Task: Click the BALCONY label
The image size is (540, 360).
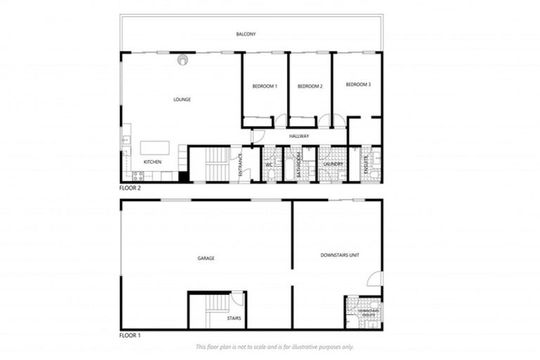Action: pyautogui.click(x=246, y=34)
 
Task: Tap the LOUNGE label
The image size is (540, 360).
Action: pyautogui.click(x=182, y=99)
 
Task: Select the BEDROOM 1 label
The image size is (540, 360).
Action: pyautogui.click(x=265, y=86)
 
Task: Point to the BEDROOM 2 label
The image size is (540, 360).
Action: pyautogui.click(x=310, y=86)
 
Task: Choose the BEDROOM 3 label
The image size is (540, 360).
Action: pyautogui.click(x=358, y=84)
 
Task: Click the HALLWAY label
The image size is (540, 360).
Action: pyautogui.click(x=299, y=136)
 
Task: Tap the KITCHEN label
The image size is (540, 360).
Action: pyautogui.click(x=153, y=162)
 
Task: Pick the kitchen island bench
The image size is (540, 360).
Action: pyautogui.click(x=155, y=148)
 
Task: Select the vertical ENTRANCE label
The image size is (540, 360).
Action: pyautogui.click(x=240, y=163)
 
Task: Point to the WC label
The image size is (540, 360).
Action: pyautogui.click(x=269, y=165)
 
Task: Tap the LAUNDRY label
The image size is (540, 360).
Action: pyautogui.click(x=333, y=165)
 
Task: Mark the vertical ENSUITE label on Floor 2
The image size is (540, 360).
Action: pyautogui.click(x=366, y=164)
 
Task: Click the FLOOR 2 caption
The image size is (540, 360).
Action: pyautogui.click(x=130, y=189)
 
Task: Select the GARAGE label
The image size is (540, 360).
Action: pyautogui.click(x=206, y=258)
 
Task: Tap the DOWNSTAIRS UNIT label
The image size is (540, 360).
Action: pyautogui.click(x=340, y=255)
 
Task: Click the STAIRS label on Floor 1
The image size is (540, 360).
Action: pyautogui.click(x=235, y=319)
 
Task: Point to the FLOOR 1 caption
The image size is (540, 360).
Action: pyautogui.click(x=130, y=335)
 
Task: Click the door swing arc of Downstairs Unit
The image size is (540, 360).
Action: pyautogui.click(x=375, y=278)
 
